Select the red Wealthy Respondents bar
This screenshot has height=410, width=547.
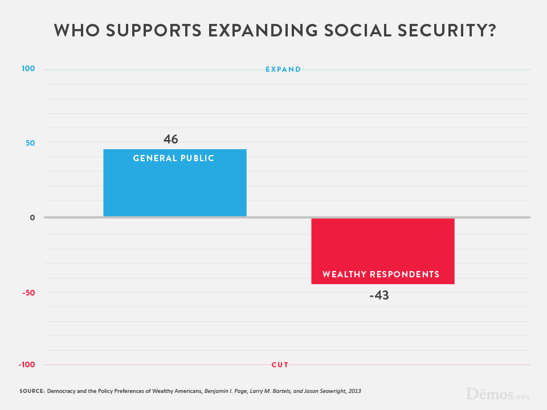(382, 251)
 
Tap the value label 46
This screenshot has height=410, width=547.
(171, 139)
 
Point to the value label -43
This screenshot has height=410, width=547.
(378, 296)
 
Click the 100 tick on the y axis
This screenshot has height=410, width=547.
(28, 69)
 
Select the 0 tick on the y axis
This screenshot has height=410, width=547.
(32, 218)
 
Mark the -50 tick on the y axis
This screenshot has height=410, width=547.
(28, 293)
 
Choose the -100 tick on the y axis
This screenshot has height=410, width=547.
(26, 364)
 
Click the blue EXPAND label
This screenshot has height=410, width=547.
(283, 69)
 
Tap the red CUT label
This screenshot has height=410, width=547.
(280, 365)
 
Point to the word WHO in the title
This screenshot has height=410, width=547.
(73, 31)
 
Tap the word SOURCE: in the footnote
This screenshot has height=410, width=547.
(31, 391)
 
